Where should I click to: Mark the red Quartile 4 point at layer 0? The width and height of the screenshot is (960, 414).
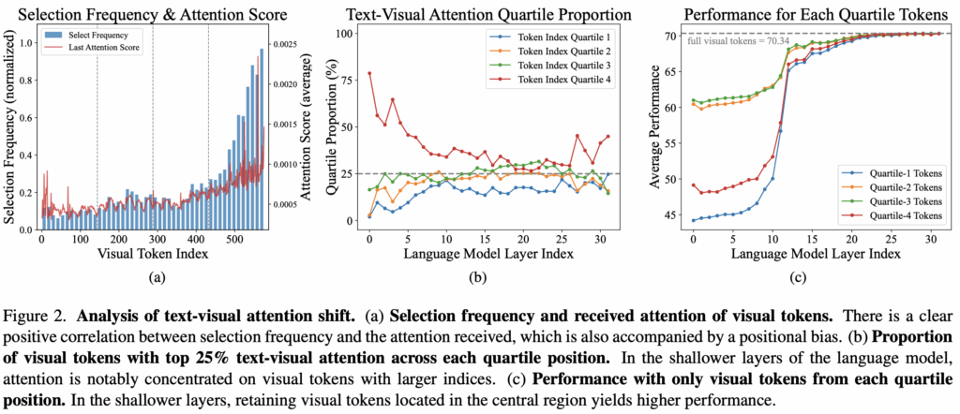(x=370, y=73)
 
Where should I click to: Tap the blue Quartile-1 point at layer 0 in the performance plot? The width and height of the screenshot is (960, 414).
(x=693, y=220)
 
